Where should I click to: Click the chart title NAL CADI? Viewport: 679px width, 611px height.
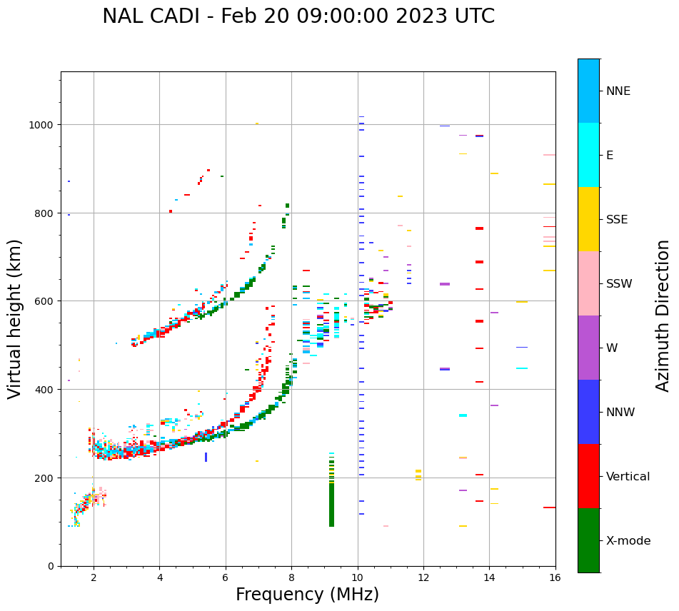point(298,16)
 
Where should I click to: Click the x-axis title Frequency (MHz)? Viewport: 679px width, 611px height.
point(307,595)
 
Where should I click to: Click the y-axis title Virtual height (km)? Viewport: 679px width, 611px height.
point(15,318)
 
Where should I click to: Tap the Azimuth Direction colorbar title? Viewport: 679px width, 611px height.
point(663,315)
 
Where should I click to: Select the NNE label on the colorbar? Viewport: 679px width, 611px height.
point(618,91)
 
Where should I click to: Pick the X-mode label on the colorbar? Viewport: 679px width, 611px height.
point(628,541)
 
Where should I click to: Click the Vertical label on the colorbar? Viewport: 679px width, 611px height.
point(628,477)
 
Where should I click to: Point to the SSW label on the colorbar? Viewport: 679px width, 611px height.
point(619,284)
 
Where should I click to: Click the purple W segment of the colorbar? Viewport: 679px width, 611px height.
point(588,348)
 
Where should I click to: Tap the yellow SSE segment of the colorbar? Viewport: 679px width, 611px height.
point(588,219)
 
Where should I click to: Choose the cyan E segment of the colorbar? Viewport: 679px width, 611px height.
point(588,155)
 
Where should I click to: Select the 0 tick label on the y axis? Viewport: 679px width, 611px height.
point(51,566)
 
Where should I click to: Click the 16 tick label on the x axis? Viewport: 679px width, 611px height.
point(555,579)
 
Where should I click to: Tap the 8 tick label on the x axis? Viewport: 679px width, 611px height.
point(291,579)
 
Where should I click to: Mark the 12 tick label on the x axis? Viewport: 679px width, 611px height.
point(423,579)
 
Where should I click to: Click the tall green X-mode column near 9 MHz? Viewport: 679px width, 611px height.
point(331,500)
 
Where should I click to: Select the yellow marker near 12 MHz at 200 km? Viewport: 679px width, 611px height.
point(418,475)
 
